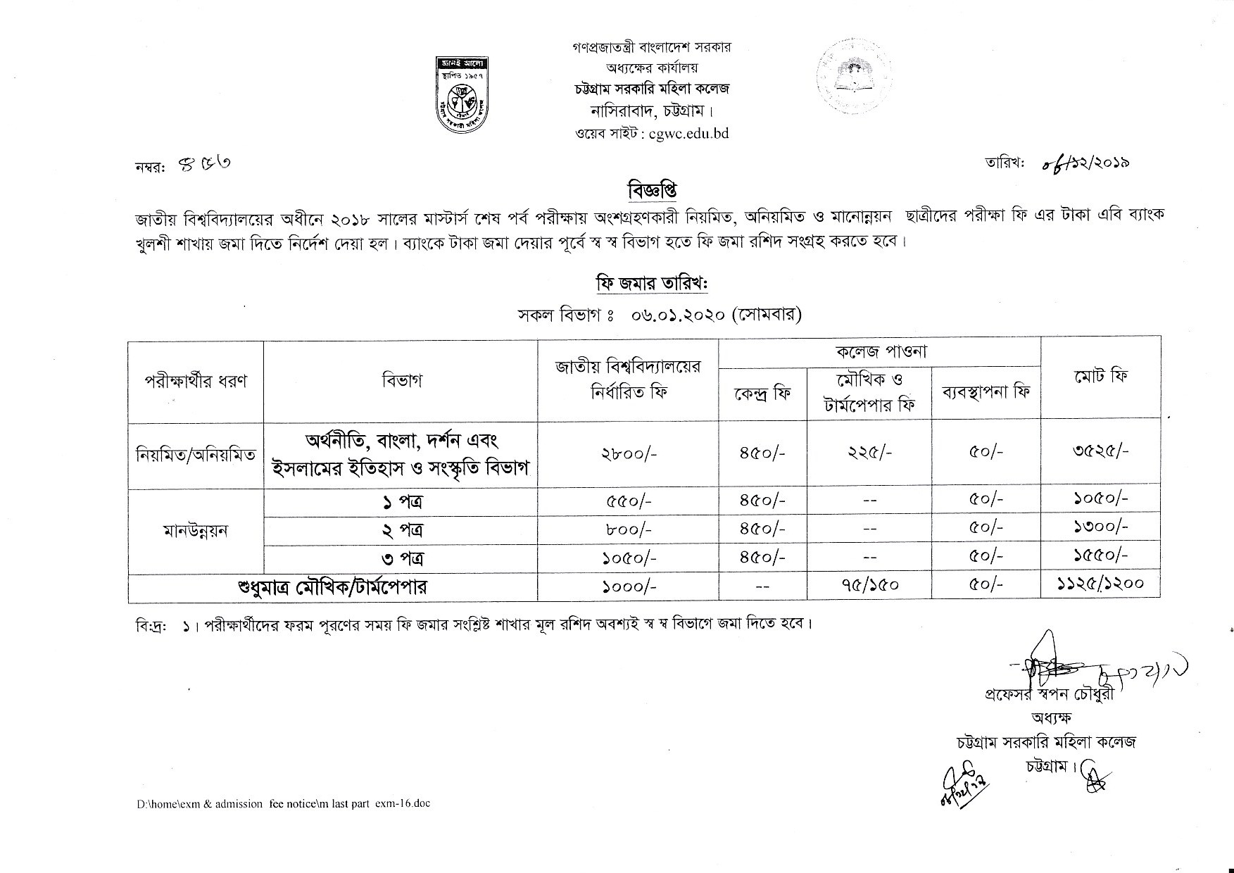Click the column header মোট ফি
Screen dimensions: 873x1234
(x=1101, y=376)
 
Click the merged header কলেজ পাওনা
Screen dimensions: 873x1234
(x=879, y=351)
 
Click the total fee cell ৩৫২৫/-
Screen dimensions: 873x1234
(x=1101, y=451)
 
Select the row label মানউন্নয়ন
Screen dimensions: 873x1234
(x=195, y=529)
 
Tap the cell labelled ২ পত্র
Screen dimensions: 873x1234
(x=400, y=529)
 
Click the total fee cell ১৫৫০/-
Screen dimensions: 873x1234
(x=1101, y=555)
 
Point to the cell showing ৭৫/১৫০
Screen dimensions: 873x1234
(x=872, y=584)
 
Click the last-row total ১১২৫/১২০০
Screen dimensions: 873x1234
(x=1101, y=583)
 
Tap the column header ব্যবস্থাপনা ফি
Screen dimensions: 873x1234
(x=986, y=391)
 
